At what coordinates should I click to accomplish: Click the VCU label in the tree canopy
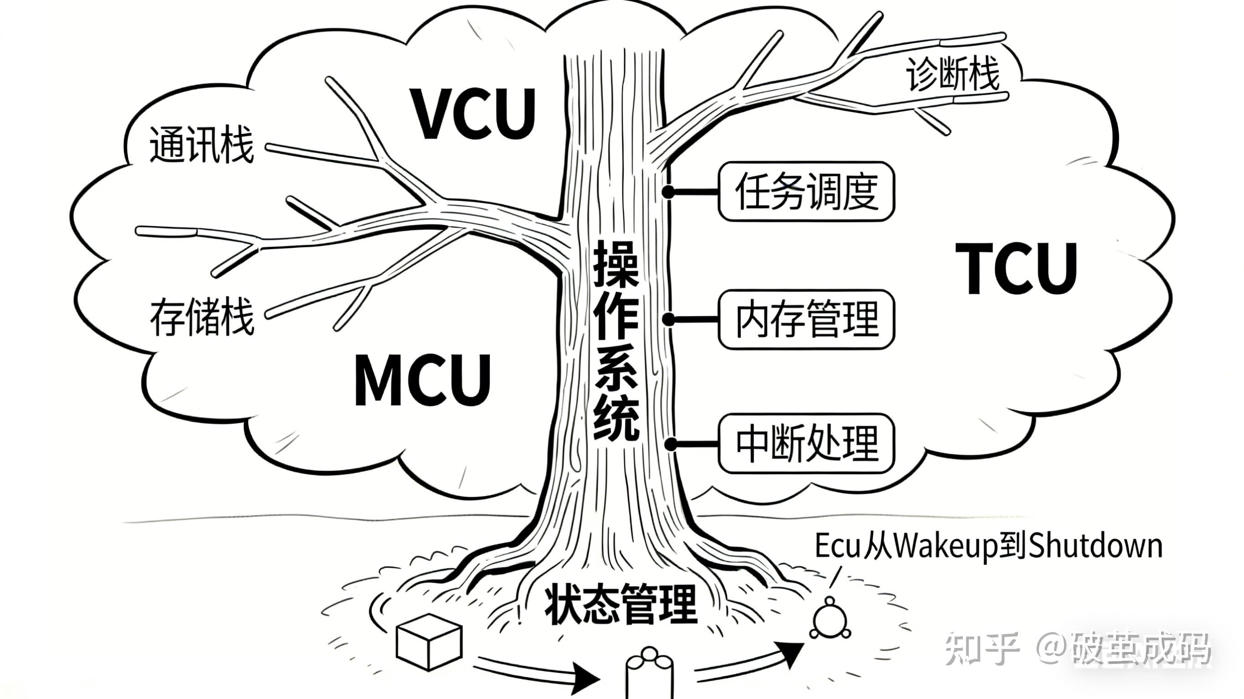473,113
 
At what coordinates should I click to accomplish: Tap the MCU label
423,380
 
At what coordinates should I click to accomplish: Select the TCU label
1016,268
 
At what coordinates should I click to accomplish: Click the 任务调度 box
806,192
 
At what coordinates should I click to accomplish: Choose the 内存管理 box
806,319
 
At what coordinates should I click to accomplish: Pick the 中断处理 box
806,443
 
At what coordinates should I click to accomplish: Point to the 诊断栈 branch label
952,75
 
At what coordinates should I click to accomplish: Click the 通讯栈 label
201,144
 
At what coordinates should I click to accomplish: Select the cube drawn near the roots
429,642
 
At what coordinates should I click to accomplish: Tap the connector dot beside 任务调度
668,192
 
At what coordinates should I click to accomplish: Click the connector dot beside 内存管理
668,319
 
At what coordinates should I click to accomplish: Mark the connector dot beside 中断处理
671,444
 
